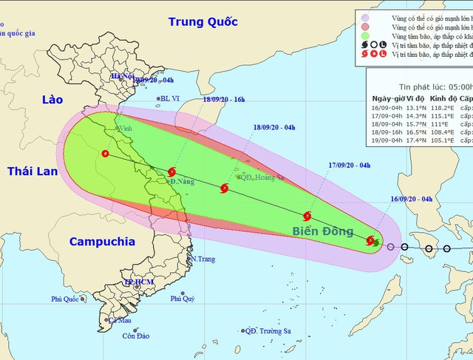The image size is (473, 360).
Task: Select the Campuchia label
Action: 102,241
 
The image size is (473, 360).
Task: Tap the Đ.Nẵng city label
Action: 182,181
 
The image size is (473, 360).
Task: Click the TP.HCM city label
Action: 138,282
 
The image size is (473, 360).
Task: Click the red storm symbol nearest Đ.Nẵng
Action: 172,171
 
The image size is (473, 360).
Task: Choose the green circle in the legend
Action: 364,35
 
